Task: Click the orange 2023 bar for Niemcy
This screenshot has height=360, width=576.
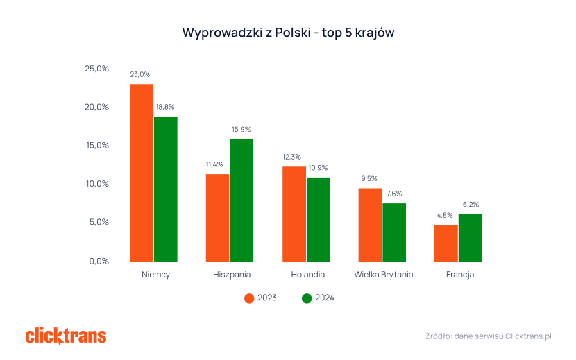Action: [x=142, y=173]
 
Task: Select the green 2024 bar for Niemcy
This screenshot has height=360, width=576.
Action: [x=166, y=189]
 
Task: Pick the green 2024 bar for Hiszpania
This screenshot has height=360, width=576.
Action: [x=242, y=200]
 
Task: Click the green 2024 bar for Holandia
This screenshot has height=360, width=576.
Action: [x=319, y=219]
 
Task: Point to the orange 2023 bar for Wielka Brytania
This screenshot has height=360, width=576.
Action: [x=370, y=225]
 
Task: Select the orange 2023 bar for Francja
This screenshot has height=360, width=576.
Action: [x=446, y=243]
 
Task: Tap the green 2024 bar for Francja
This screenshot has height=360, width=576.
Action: [x=471, y=237]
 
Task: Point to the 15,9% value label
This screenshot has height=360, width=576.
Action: [x=241, y=129]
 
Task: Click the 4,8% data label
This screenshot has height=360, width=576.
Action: [x=446, y=215]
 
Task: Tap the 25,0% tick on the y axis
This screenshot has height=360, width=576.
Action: [x=97, y=69]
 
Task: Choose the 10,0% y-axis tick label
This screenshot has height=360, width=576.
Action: [x=97, y=184]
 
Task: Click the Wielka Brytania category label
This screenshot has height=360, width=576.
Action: [x=383, y=275]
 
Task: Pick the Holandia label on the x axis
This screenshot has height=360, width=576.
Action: [x=307, y=275]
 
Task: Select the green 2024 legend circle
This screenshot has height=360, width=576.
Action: [x=307, y=298]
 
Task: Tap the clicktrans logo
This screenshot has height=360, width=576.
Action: [x=66, y=336]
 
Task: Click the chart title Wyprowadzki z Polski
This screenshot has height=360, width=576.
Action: [x=288, y=33]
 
